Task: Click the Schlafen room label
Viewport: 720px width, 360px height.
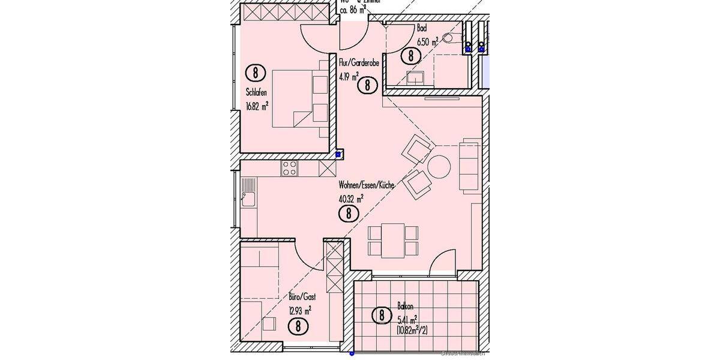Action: point(256,92)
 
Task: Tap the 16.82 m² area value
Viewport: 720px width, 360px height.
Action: point(257,106)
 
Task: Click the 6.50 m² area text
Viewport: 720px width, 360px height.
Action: point(428,41)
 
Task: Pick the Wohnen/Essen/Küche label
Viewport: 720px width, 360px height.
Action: point(366,185)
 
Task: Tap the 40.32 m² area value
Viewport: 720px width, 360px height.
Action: point(352,199)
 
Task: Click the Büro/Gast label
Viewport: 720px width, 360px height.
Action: point(298,296)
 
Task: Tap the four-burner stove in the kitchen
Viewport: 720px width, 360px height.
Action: point(289,169)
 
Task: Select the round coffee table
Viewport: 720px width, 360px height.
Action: point(439,166)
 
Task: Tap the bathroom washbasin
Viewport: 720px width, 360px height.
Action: point(415,77)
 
